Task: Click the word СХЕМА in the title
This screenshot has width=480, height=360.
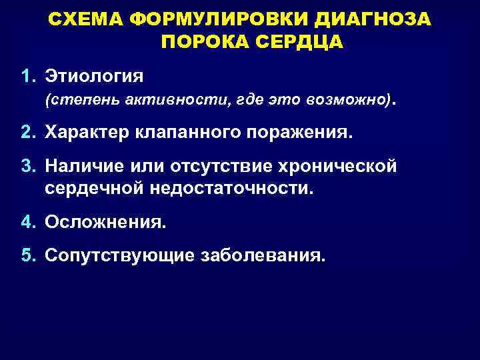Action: (x=86, y=21)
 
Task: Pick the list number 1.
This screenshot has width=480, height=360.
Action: (x=27, y=75)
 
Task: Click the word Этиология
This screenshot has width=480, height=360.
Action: (x=93, y=75)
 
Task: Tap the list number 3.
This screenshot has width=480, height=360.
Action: (x=27, y=165)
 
